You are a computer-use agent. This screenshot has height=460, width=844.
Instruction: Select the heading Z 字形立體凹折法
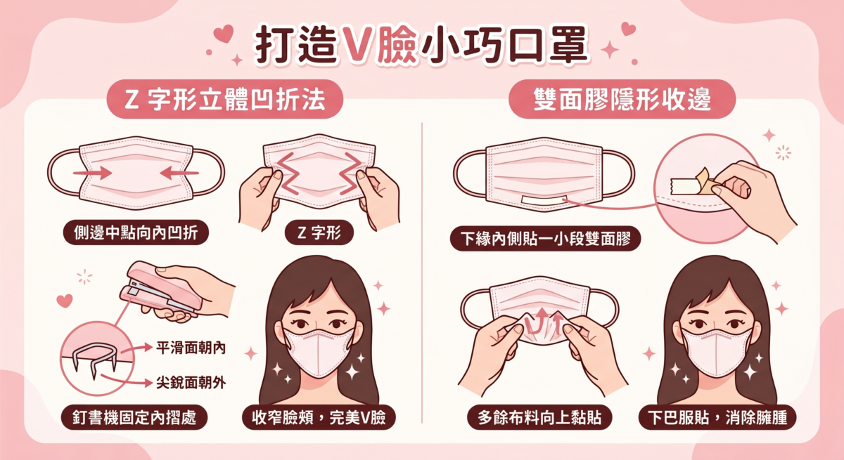pos(224,100)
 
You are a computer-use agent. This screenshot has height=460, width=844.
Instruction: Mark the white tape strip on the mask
pos(545,201)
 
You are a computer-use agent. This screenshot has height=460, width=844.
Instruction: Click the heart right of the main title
pos(628,29)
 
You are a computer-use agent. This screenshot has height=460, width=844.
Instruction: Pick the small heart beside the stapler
pos(64,301)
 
